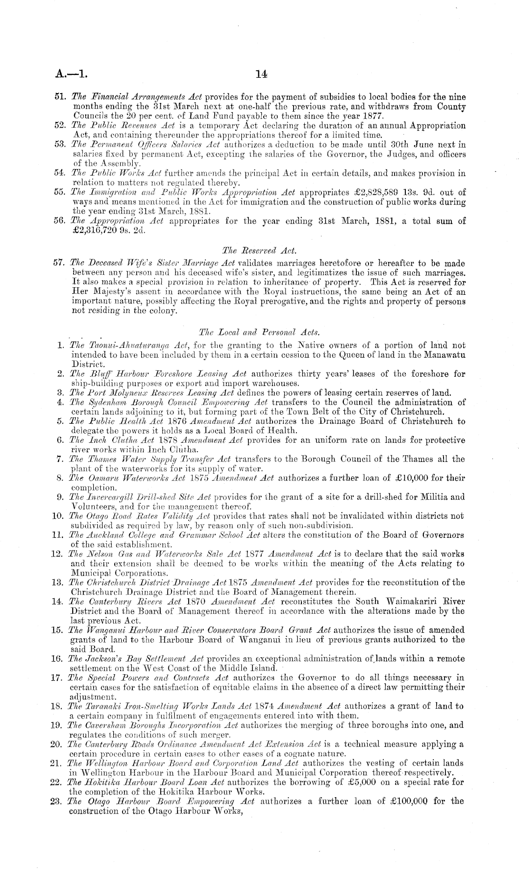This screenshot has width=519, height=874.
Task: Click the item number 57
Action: [x=61, y=264]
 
